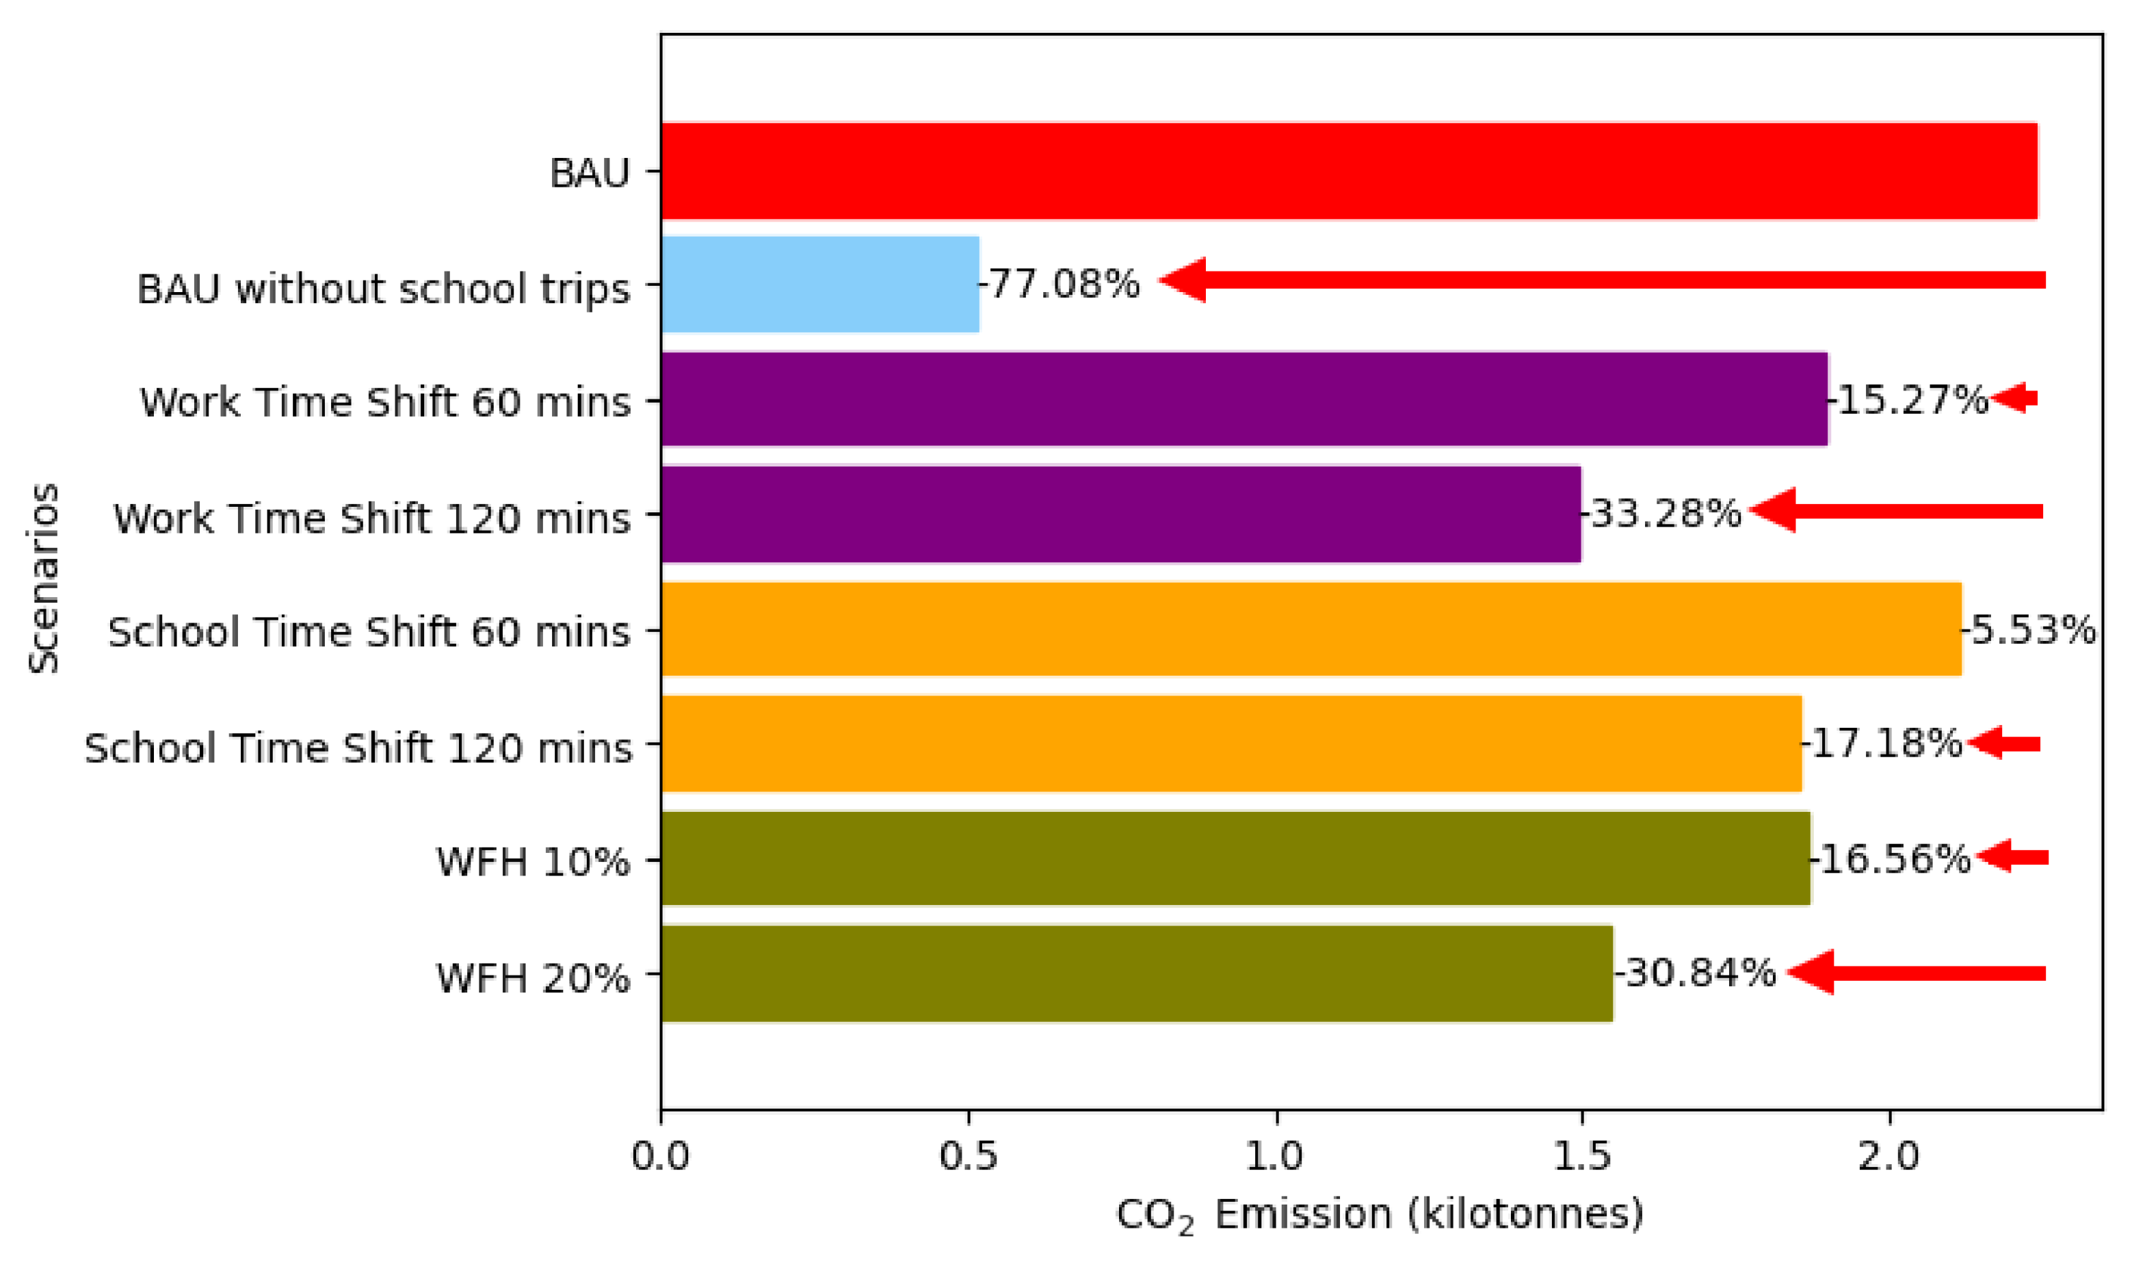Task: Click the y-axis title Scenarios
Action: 44,579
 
